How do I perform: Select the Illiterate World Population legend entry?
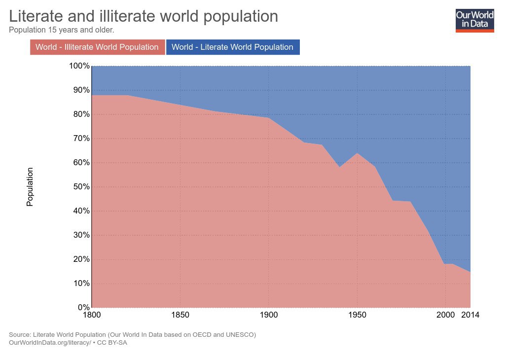point(97,47)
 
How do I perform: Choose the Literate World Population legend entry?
point(233,47)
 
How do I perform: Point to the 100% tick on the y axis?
point(79,66)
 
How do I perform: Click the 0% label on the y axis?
point(83,308)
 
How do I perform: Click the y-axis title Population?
point(30,187)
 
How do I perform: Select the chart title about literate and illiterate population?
point(144,17)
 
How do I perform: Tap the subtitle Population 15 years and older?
point(62,30)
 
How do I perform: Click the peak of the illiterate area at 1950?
point(357,153)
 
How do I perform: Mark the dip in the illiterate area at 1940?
point(339,167)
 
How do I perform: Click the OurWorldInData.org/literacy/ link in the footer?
point(50,343)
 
